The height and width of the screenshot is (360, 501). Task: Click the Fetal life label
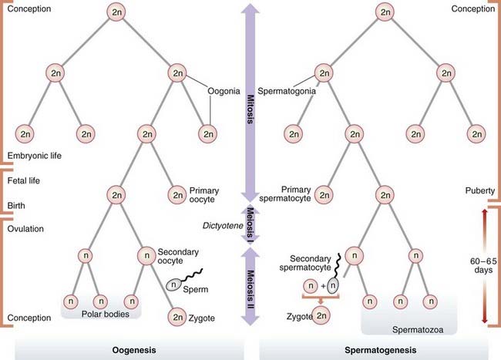coord(25,180)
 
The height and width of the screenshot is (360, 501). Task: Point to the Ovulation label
coord(25,228)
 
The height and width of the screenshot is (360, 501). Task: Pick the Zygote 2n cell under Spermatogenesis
coord(321,317)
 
